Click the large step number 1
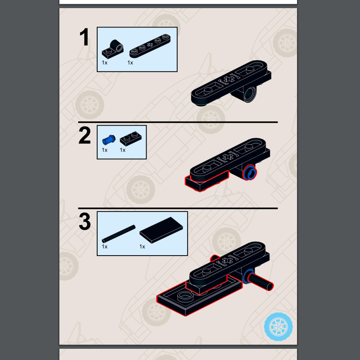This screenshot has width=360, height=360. click(85, 37)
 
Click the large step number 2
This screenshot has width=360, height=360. click(85, 135)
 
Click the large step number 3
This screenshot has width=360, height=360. click(85, 221)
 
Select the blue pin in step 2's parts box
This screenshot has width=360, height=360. click(108, 140)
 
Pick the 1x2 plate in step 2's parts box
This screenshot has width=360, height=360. click(130, 139)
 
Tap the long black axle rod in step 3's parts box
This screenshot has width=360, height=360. click(118, 234)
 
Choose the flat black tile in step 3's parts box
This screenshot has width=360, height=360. click(161, 230)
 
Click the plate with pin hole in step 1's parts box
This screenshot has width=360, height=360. click(113, 49)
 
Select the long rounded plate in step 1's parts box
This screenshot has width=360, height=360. click(150, 46)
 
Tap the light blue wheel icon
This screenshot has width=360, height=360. click(278, 327)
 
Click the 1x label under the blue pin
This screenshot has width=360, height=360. click(104, 150)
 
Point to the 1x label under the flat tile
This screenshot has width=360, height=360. click(142, 247)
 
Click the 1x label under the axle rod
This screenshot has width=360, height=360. click(104, 247)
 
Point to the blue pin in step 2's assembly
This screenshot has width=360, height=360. click(250, 172)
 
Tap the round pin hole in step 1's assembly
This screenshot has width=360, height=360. click(250, 94)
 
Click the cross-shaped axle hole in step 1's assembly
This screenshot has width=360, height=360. click(229, 80)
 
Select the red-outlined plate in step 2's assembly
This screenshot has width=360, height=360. click(207, 181)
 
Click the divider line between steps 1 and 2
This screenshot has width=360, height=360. click(178, 122)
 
